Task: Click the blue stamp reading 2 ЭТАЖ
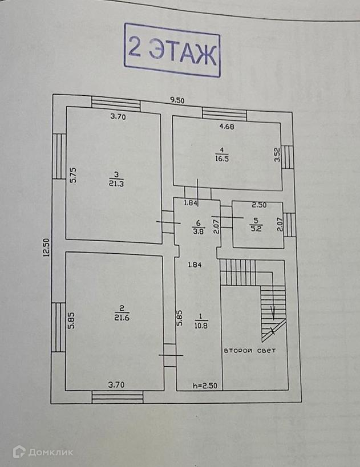point(172,50)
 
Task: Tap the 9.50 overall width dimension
point(178,100)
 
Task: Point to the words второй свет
point(249,351)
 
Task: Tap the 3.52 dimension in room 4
point(277,155)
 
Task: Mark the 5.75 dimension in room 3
point(73,174)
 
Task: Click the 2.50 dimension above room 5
point(260,205)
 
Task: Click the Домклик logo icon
point(19,452)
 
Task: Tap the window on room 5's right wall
point(290,224)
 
